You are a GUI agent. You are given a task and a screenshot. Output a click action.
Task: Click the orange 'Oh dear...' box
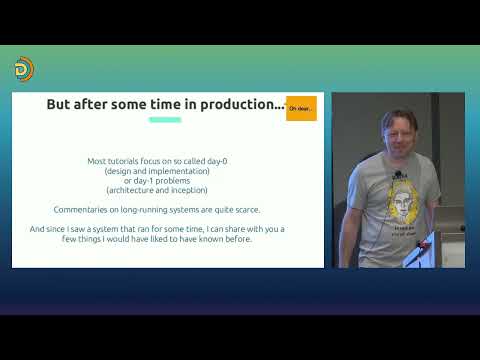pos(301,108)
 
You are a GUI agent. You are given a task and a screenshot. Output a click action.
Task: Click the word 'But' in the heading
pos(63,104)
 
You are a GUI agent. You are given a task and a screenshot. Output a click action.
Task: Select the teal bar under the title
pos(165,120)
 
